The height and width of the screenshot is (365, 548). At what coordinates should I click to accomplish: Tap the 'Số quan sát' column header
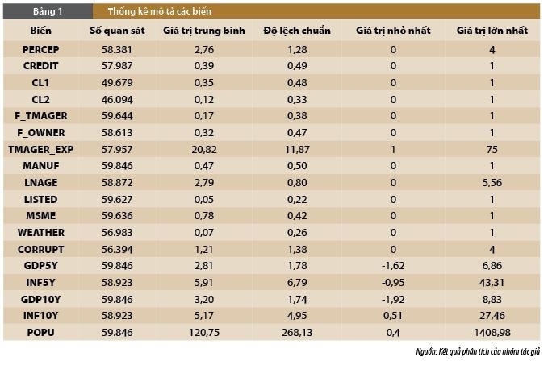[x=115, y=30]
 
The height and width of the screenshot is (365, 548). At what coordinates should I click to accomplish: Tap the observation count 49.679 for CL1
[x=115, y=83]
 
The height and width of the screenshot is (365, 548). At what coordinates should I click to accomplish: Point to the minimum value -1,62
[x=393, y=265]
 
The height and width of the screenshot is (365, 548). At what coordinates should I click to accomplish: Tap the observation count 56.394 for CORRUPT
[x=115, y=249]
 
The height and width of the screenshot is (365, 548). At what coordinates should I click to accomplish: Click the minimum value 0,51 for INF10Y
[x=393, y=315]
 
